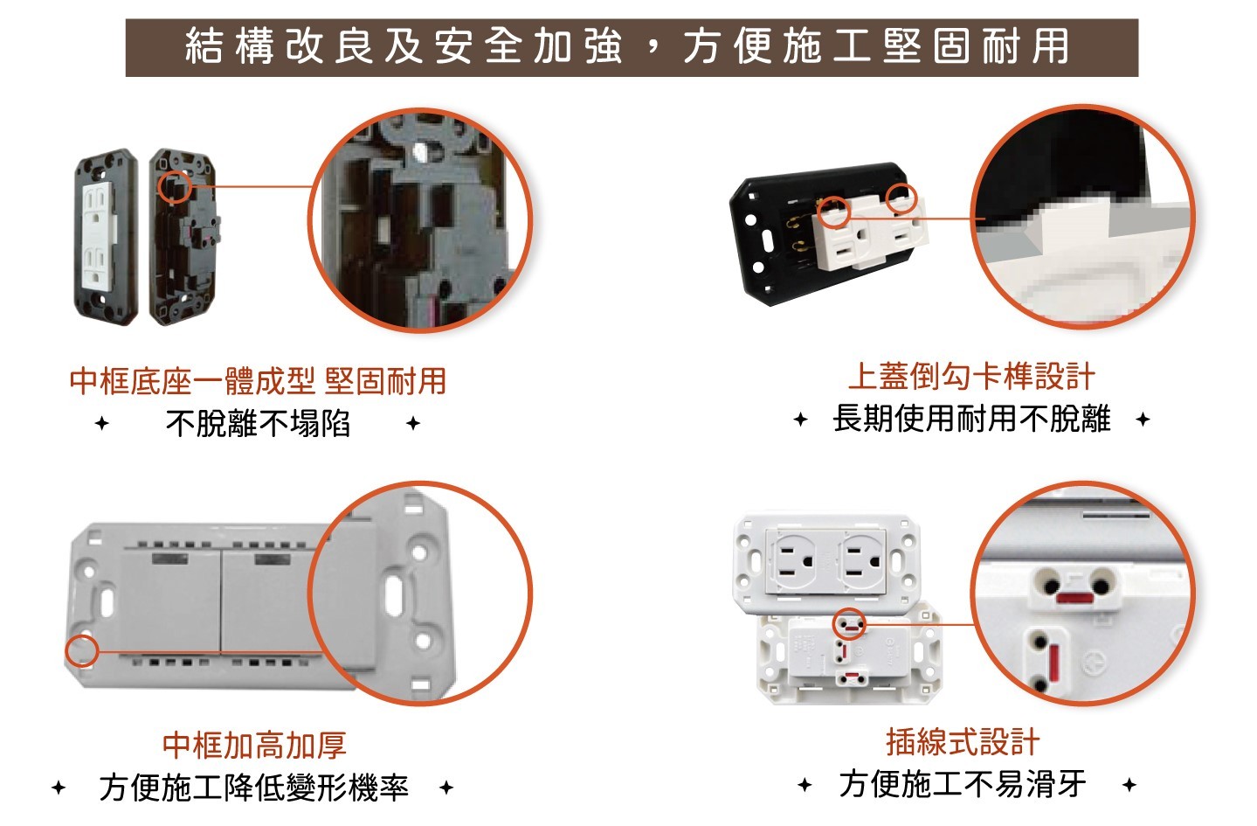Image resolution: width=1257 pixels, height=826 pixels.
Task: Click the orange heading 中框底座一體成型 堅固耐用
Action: [x=259, y=381]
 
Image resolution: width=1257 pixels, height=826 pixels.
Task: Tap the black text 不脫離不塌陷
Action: [x=259, y=423]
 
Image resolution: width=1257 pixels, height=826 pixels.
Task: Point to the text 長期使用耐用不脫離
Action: [x=972, y=419]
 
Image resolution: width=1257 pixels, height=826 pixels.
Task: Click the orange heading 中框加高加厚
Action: [x=254, y=745]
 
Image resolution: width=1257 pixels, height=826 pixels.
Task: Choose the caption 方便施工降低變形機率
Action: [x=254, y=788]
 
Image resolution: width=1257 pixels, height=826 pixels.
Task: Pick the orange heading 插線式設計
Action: [x=963, y=742]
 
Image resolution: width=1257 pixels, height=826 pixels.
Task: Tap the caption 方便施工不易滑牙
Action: [x=963, y=784]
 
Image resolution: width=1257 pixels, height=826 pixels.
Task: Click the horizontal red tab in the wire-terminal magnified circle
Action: [x=1074, y=598]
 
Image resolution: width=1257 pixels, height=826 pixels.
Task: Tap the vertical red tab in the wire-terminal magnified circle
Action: [x=1053, y=664]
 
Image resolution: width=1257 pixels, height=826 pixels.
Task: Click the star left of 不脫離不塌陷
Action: [x=101, y=423]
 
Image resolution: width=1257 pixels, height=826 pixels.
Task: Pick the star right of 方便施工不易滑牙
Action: [x=1129, y=784]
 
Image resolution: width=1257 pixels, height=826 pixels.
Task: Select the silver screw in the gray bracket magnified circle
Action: [x=419, y=150]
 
